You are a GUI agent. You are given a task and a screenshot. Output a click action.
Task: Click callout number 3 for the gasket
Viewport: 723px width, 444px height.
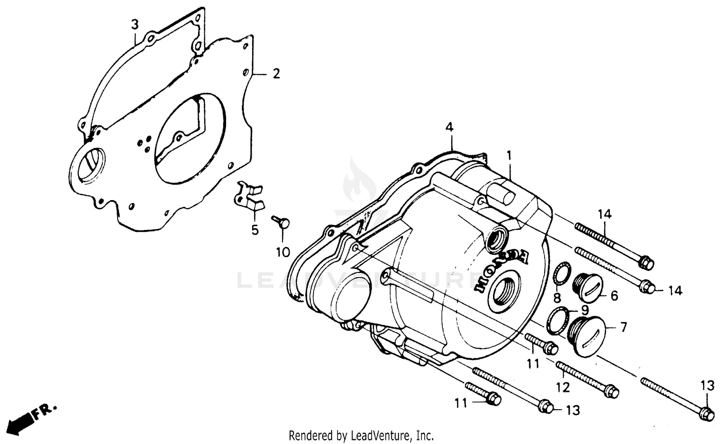coord(135,24)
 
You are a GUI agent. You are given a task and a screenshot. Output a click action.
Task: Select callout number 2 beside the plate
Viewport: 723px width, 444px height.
coord(276,74)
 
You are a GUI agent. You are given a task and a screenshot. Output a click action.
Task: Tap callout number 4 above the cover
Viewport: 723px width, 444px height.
coord(449,128)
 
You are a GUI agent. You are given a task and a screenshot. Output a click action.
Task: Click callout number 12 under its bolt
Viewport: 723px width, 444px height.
coord(563,387)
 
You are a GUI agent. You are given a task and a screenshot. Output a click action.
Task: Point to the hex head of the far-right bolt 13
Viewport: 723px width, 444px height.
coord(707,413)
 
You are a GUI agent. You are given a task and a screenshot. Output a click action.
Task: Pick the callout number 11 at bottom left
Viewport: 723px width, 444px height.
coord(461,402)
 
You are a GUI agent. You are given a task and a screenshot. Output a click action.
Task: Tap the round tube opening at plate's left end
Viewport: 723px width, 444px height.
coord(90,164)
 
